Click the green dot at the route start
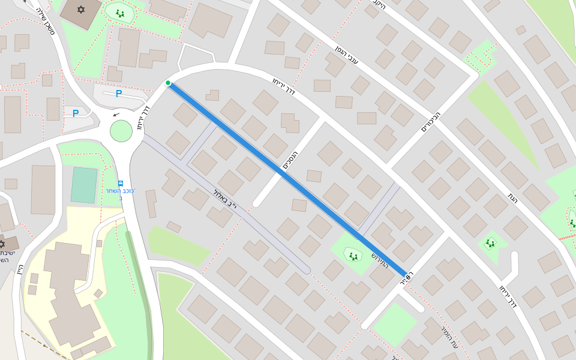pyautogui.click(x=168, y=83)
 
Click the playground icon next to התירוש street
pyautogui.click(x=353, y=256)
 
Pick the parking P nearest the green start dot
pyautogui.click(x=119, y=94)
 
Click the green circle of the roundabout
pyautogui.click(x=121, y=131)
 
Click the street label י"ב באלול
pyautogui.click(x=225, y=200)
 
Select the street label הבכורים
pyautogui.click(x=431, y=121)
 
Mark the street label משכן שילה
pyautogui.click(x=46, y=19)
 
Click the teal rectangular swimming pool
pyautogui.click(x=84, y=185)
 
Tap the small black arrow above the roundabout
pyautogui.click(x=116, y=114)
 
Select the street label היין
pyautogui.click(x=20, y=271)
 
